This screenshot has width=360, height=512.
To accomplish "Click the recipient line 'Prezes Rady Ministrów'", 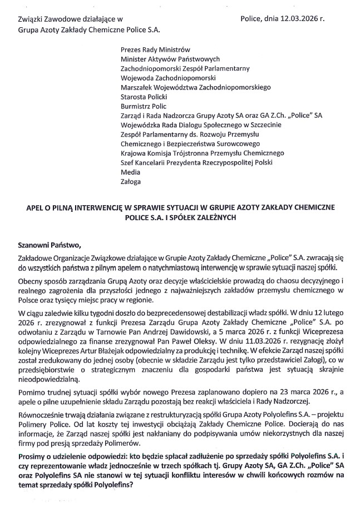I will click(155, 49).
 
